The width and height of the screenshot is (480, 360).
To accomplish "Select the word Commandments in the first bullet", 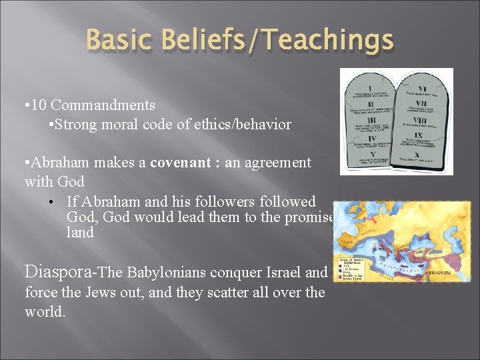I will [x=103, y=105].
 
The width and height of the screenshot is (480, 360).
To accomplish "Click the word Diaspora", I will [x=60, y=271].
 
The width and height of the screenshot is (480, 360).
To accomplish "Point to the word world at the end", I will [x=44, y=311].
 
